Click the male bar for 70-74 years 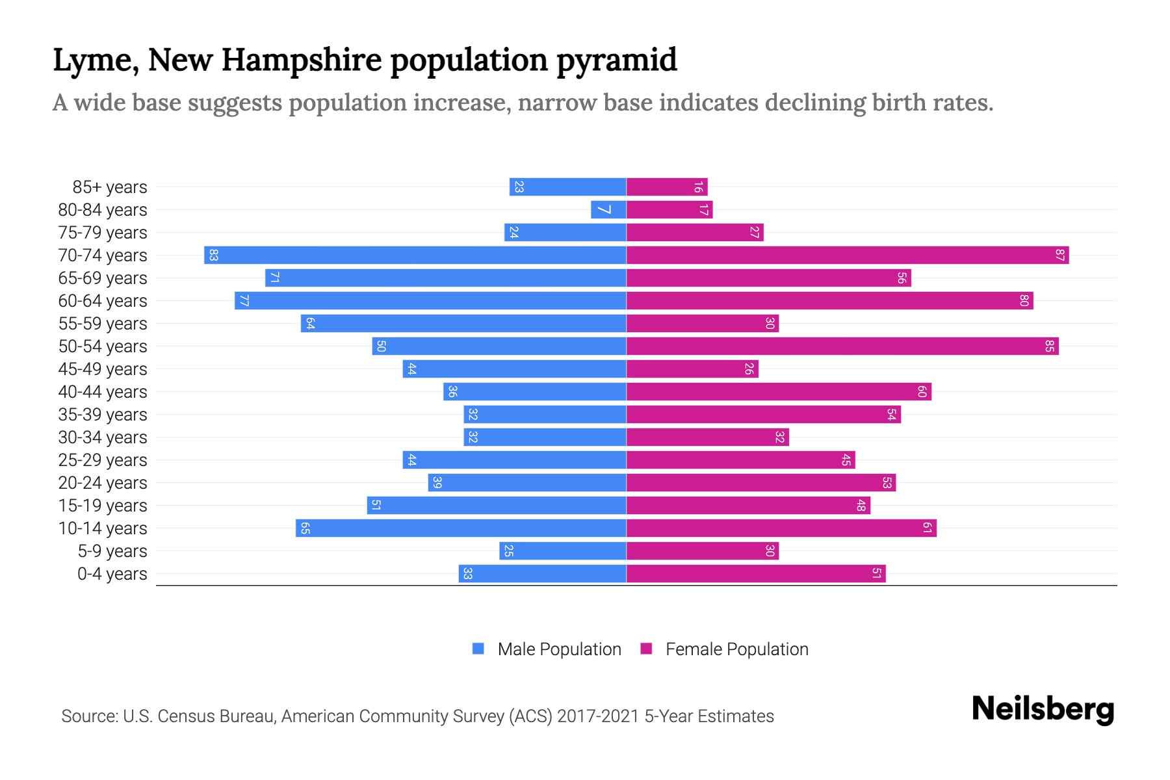pyautogui.click(x=416, y=255)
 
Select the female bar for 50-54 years pyautogui.click(x=842, y=346)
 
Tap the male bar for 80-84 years pyautogui.click(x=608, y=210)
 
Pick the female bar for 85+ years pyautogui.click(x=666, y=187)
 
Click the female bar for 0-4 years pyautogui.click(x=755, y=574)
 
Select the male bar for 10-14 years pyautogui.click(x=461, y=528)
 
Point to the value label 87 pyautogui.click(x=1059, y=255)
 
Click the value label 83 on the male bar pyautogui.click(x=213, y=255)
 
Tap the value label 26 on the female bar pyautogui.click(x=749, y=369)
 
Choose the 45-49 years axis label pyautogui.click(x=103, y=369)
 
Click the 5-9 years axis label pyautogui.click(x=112, y=551)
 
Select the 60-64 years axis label pyautogui.click(x=103, y=301)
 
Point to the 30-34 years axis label pyautogui.click(x=103, y=437)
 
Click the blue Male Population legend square pyautogui.click(x=478, y=649)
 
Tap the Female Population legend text pyautogui.click(x=736, y=649)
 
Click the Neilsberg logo pyautogui.click(x=1043, y=709)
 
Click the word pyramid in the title pyautogui.click(x=617, y=60)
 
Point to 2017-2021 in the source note pyautogui.click(x=598, y=716)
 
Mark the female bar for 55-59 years pyautogui.click(x=702, y=324)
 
